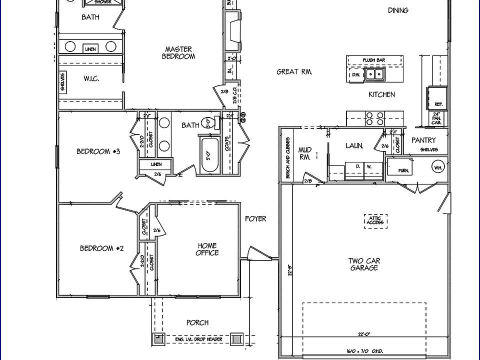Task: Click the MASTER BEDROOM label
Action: coord(178,53)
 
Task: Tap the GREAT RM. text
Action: coord(294,72)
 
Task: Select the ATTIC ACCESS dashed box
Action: coord(375,220)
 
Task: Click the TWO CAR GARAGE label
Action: coord(363,264)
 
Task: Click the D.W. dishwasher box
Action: coord(356,75)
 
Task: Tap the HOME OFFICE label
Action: coord(207,249)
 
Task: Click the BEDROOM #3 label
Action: coord(98,151)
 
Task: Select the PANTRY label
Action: coord(423,140)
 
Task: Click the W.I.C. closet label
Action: coord(90,78)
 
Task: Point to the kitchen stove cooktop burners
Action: coord(374,118)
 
